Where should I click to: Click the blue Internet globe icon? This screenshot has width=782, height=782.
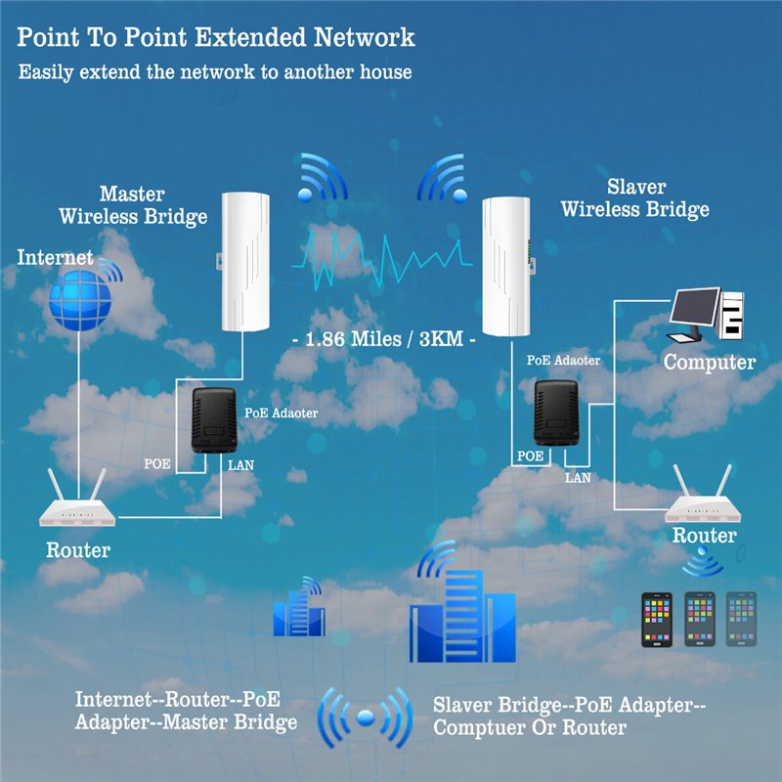coord(76,300)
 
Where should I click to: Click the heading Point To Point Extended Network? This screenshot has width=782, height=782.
coord(216,38)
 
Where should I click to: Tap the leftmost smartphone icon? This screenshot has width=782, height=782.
coord(656,620)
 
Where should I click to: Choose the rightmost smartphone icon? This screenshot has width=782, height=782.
coord(744,620)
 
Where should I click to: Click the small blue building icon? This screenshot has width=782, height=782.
coord(298,610)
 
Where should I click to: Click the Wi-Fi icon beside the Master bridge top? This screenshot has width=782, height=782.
coord(322,176)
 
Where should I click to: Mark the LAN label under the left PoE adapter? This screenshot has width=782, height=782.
coord(239,464)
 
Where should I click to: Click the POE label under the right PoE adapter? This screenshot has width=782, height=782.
coord(530,456)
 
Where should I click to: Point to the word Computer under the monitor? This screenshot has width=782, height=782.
coord(710,363)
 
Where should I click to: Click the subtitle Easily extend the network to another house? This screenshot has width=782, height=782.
coord(215,72)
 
